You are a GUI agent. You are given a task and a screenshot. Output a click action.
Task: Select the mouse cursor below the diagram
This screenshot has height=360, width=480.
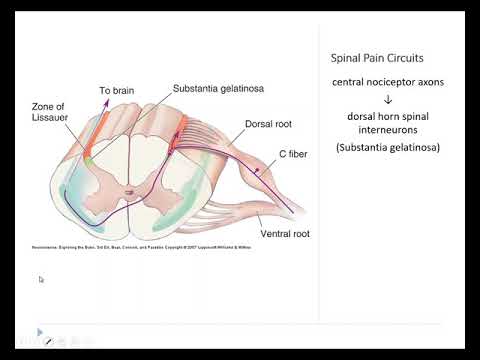pos(41,280)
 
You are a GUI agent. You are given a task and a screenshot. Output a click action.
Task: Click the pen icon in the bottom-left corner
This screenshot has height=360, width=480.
pos(47,341)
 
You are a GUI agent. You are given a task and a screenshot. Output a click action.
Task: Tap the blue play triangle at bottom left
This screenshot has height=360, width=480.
pos(39,332)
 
